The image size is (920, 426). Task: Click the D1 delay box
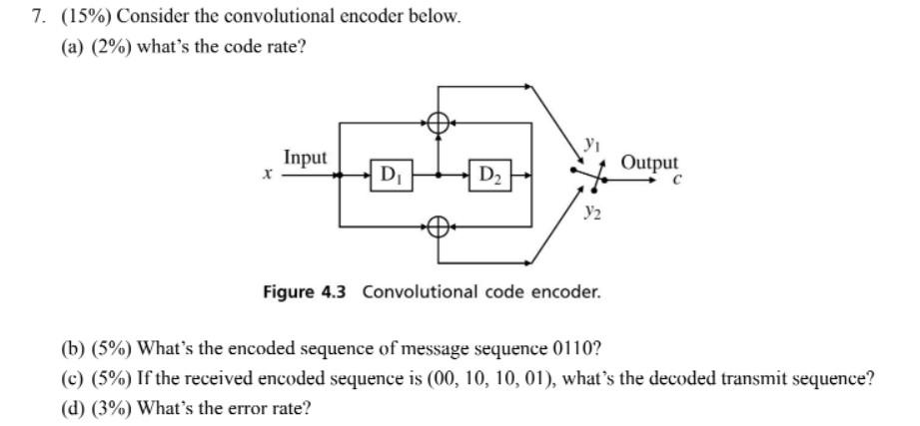388,176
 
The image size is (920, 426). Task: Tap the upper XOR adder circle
438,122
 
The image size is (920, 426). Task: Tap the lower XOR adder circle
438,226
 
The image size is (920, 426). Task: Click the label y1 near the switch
592,146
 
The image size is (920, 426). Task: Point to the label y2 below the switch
592,212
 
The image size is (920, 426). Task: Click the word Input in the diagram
305,158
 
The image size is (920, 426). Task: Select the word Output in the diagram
649,162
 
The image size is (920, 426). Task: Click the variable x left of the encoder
268,174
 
